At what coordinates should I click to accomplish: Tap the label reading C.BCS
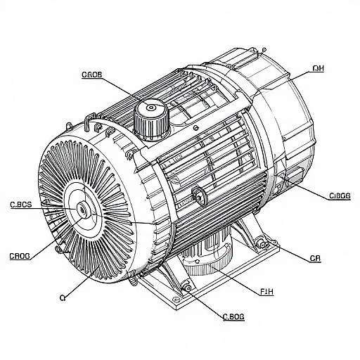tap(21, 206)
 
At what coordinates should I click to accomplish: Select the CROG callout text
tap(20, 256)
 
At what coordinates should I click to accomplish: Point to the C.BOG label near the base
tap(233, 317)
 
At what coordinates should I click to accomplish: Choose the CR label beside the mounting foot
tap(316, 258)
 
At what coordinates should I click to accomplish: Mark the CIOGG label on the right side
tap(340, 197)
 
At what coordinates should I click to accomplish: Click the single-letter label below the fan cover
tap(63, 297)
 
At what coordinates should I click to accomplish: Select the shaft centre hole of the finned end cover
tap(83, 209)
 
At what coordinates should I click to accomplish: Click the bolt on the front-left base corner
tap(186, 286)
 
